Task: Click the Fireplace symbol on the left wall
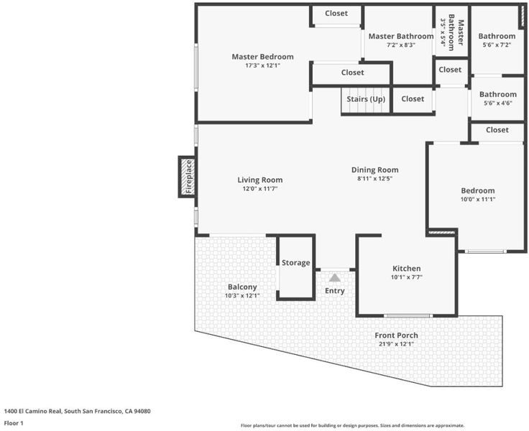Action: tap(188, 177)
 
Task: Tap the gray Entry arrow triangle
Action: tap(335, 277)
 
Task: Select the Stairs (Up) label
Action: tap(366, 99)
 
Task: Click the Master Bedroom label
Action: tap(262, 57)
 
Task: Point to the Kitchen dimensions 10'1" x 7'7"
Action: tap(407, 277)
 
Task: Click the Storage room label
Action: tap(296, 263)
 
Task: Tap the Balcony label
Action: tap(242, 287)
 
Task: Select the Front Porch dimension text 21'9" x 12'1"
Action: tap(397, 344)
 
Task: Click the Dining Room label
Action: tap(374, 170)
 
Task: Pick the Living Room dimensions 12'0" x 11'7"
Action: tap(260, 189)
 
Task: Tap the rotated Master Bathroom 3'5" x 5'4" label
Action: tap(452, 32)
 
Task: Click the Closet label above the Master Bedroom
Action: tap(336, 13)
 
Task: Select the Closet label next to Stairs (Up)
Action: tap(413, 99)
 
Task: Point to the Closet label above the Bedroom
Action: tap(497, 130)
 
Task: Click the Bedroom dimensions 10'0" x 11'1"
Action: tap(478, 199)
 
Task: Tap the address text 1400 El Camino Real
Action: tap(33, 411)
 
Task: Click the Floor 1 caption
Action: tap(14, 423)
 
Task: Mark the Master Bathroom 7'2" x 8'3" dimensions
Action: tap(401, 45)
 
